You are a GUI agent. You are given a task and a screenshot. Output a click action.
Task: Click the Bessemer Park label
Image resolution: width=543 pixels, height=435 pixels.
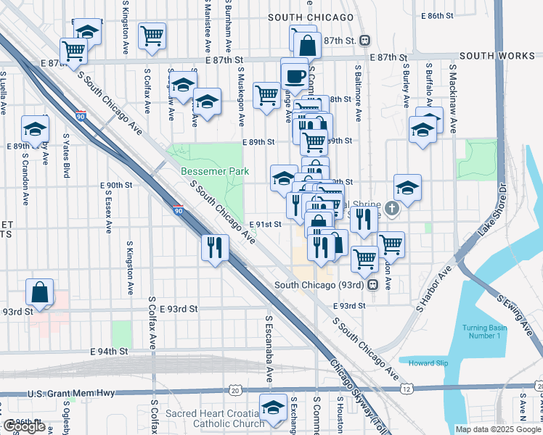(x=215, y=172)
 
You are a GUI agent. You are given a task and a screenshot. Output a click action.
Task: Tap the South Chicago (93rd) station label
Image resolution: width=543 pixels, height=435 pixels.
(x=320, y=285)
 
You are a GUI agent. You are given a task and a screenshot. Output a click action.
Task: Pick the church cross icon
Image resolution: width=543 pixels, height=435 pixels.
(x=392, y=210)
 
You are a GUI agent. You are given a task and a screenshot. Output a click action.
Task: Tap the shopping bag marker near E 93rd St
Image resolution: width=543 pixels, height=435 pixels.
(x=40, y=293)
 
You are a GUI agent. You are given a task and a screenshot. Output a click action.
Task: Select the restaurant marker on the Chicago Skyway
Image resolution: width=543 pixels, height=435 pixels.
(x=215, y=247)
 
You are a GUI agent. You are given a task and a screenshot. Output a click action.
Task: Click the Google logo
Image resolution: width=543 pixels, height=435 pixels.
(x=25, y=426)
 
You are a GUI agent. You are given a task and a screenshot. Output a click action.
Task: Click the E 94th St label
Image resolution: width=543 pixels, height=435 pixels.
(x=109, y=351)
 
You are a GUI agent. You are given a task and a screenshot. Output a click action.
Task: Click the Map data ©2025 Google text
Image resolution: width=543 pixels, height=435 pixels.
(x=498, y=429)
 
